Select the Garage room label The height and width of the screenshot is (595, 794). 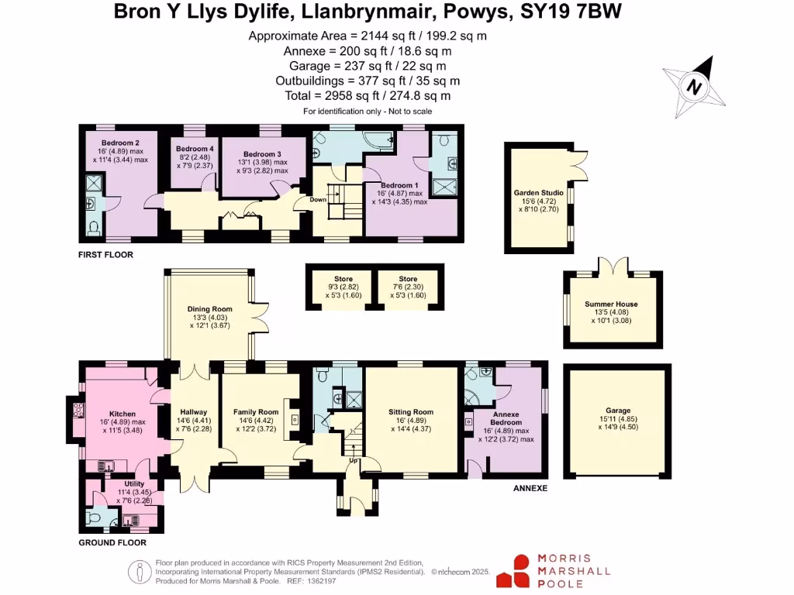click(618, 411)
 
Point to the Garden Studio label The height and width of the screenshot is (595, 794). click(537, 193)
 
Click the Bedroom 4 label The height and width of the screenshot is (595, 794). click(194, 149)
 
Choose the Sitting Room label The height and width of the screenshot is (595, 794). click(411, 412)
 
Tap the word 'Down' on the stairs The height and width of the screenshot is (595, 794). click(318, 199)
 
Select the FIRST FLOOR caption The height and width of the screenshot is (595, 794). click(105, 254)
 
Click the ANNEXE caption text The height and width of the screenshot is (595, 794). click(531, 489)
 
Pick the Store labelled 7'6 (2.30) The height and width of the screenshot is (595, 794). click(408, 279)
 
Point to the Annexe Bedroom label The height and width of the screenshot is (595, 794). click(505, 419)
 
